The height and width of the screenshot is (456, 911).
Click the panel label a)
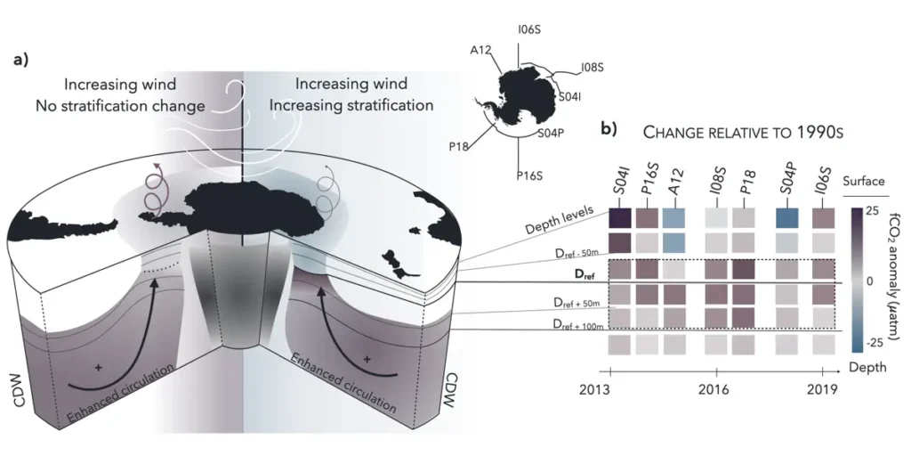(x=20, y=61)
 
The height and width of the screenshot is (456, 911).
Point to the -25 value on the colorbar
(x=873, y=341)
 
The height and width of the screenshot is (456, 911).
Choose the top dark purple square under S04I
(x=619, y=217)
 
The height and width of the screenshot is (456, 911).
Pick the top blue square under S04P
(x=787, y=217)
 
